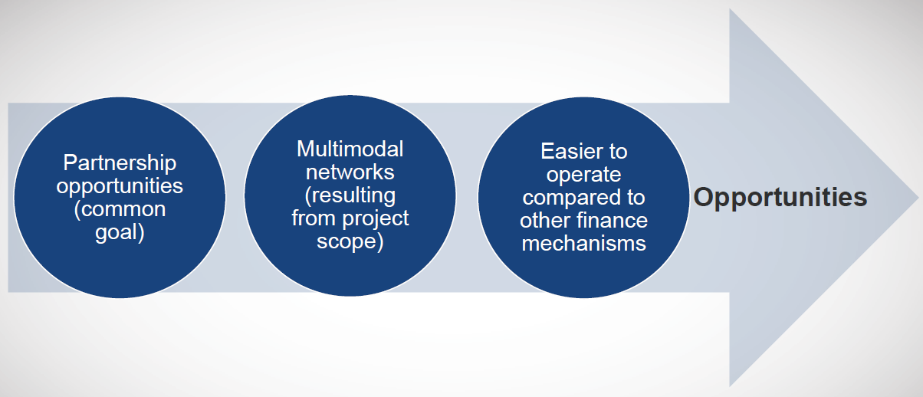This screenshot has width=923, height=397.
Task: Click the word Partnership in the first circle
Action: [x=120, y=163]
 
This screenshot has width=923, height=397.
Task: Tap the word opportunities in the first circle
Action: [x=120, y=186]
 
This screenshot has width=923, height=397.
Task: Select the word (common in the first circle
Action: [x=120, y=209]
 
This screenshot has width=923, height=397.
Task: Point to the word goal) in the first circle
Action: [x=120, y=232]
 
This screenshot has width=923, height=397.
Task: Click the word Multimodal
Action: [x=350, y=149]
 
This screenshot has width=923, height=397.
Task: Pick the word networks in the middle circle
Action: [x=350, y=172]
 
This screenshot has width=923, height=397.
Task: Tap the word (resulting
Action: [x=350, y=195]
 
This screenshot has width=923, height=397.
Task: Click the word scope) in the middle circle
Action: [x=350, y=241]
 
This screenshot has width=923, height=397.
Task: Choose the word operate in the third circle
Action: [x=583, y=175]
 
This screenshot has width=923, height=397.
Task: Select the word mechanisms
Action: [x=583, y=244]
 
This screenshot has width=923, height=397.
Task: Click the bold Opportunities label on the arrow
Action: [x=780, y=197]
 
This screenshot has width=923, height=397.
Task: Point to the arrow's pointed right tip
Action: [x=918, y=198]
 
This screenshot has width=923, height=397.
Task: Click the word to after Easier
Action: [x=616, y=152]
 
